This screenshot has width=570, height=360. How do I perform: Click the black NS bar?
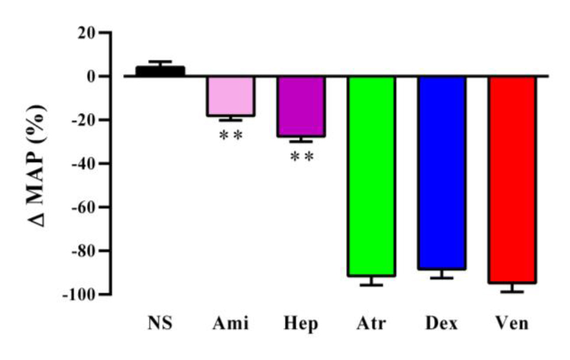tap(160, 71)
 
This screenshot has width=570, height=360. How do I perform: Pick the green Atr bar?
tap(372, 176)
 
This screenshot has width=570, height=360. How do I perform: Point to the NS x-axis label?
tap(160, 324)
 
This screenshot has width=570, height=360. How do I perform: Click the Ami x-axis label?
tap(231, 324)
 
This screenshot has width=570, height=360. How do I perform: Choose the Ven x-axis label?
tap(512, 324)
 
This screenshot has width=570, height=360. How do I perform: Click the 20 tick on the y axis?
tap(86, 33)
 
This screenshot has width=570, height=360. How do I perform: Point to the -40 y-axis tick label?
tap(83, 164)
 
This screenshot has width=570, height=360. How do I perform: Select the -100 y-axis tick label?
tap(79, 294)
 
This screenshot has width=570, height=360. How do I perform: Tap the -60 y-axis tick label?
tap(83, 207)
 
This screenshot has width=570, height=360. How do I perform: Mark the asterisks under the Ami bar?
tap(231, 135)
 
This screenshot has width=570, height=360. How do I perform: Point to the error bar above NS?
tap(160, 63)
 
